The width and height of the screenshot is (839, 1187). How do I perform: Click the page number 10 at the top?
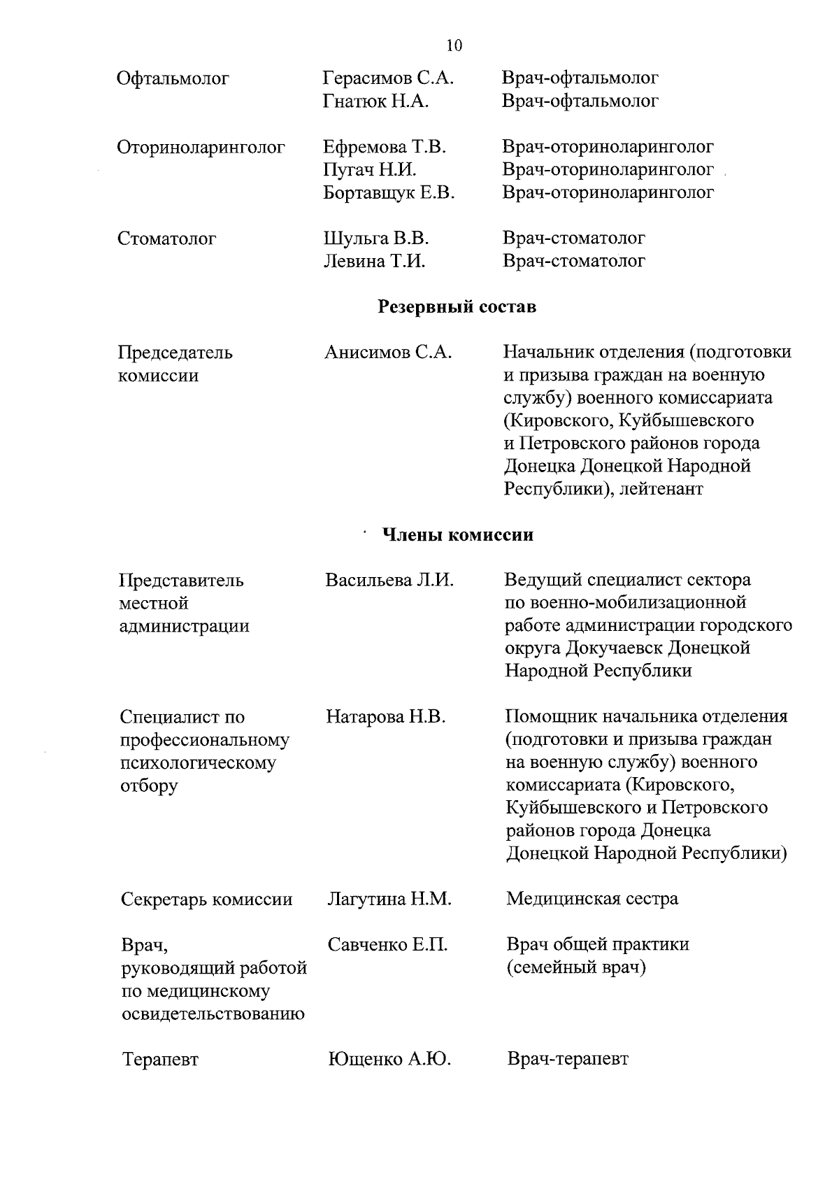[x=454, y=46]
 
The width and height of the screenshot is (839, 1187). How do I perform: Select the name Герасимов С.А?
[x=388, y=78]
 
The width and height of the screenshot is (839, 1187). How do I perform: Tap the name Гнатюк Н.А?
[x=375, y=101]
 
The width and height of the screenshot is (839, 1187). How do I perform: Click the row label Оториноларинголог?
[x=201, y=148]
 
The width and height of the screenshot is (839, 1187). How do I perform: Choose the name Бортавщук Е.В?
[x=389, y=192]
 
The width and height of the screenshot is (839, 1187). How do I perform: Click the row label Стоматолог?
[x=167, y=239]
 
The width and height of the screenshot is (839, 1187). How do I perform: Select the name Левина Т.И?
[x=375, y=261]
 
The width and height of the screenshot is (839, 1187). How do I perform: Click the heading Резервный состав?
[x=457, y=306]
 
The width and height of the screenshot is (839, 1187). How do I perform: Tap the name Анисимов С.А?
[x=388, y=353]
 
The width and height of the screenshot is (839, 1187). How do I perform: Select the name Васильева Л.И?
[x=389, y=580]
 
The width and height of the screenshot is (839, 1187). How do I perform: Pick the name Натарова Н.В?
[x=385, y=716]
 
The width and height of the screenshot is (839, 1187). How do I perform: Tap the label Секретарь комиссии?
[x=206, y=899]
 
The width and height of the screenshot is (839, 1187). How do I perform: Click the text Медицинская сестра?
[x=591, y=898]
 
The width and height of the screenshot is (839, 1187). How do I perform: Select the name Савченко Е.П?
[x=387, y=945]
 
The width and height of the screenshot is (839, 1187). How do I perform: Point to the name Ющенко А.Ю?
[x=389, y=1059]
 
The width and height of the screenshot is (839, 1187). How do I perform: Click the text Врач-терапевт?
[x=568, y=1058]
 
